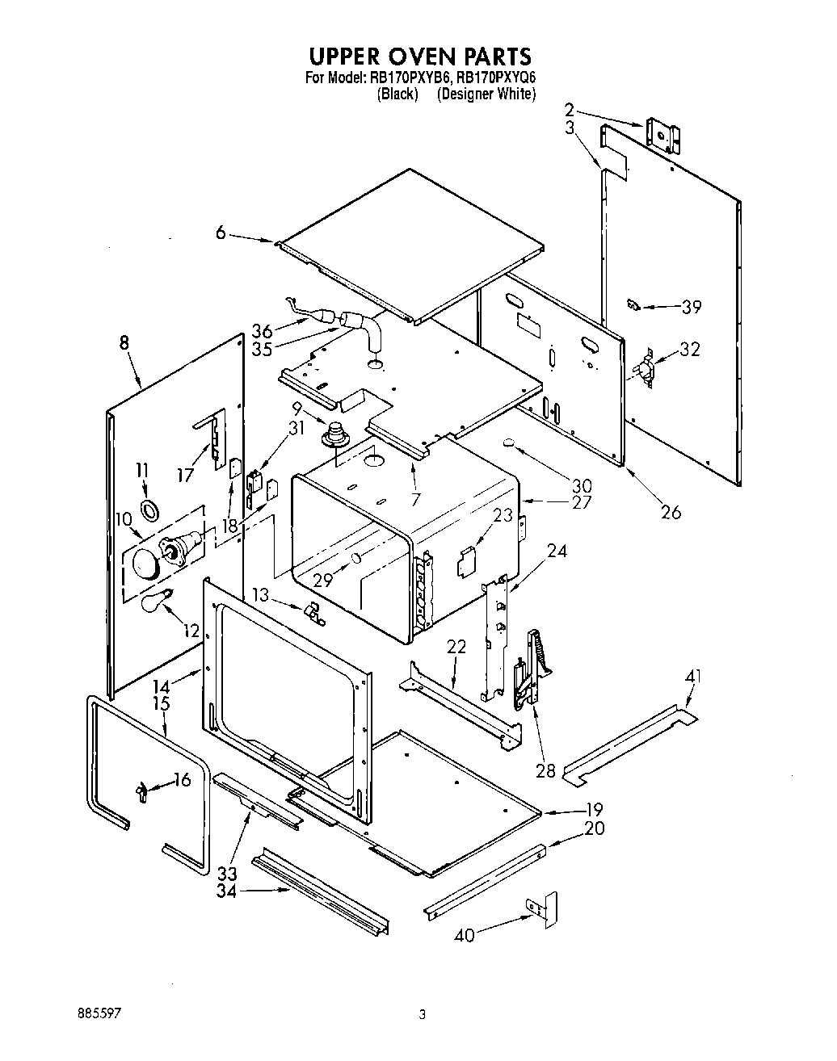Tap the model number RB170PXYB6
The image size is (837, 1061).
click(410, 78)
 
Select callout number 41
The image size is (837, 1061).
click(692, 677)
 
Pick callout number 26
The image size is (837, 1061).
click(671, 511)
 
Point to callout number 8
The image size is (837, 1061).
click(124, 343)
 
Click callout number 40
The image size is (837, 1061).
click(464, 935)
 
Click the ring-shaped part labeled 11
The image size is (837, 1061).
click(149, 510)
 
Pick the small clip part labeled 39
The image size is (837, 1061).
click(633, 304)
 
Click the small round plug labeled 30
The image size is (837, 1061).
click(509, 442)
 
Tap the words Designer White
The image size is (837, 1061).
click(486, 94)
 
